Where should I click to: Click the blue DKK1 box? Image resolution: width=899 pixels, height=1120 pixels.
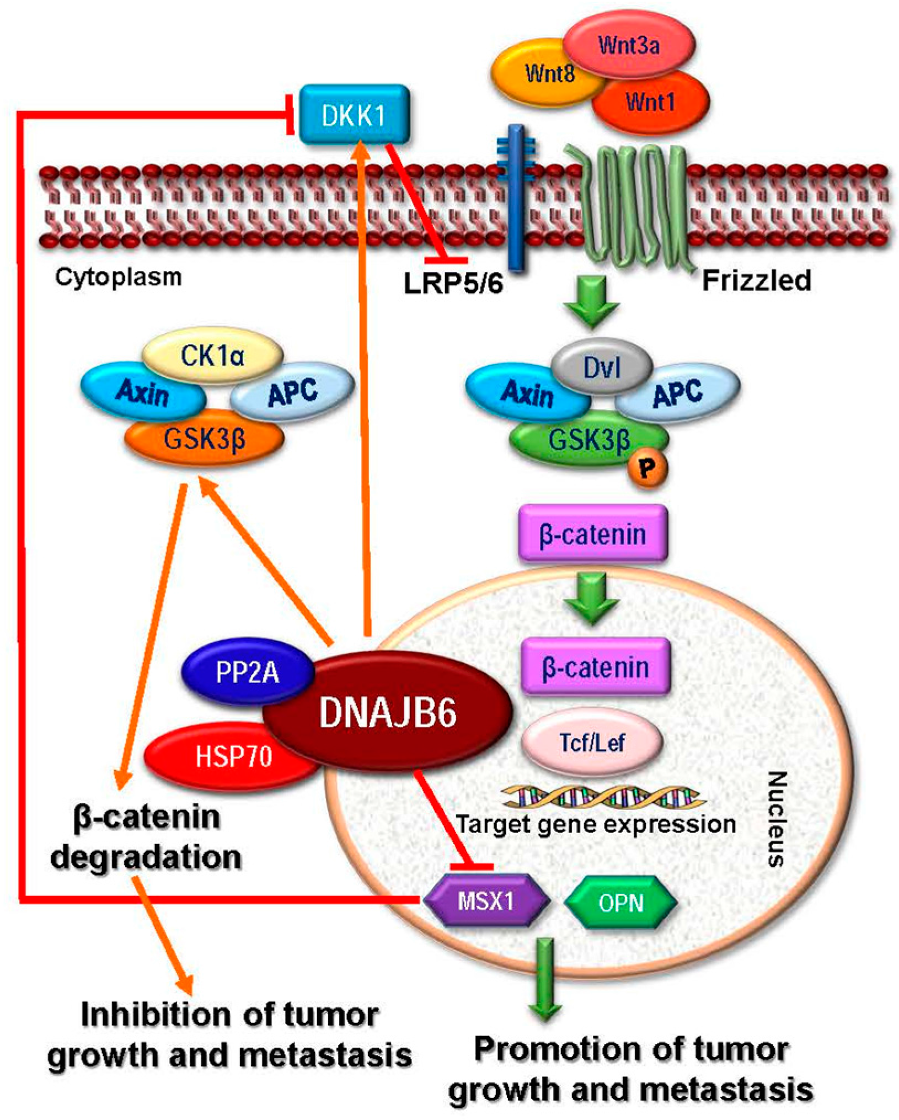click(354, 115)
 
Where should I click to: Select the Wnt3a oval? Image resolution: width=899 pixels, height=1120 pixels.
click(629, 44)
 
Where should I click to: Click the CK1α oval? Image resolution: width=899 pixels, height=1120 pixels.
click(212, 356)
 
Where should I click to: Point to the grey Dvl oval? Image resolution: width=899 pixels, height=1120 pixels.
click(602, 366)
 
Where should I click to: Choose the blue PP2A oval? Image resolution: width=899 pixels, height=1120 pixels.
click(247, 672)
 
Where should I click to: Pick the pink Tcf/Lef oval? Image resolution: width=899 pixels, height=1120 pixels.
click(592, 742)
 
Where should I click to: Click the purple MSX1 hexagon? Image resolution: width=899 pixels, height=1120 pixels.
click(486, 901)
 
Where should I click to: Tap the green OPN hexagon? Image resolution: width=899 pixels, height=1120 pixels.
click(621, 903)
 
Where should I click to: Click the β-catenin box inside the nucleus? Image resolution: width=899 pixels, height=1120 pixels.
click(596, 668)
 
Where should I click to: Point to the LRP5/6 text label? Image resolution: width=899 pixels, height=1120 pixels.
click(453, 284)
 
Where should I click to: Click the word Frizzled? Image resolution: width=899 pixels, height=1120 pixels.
click(756, 280)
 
